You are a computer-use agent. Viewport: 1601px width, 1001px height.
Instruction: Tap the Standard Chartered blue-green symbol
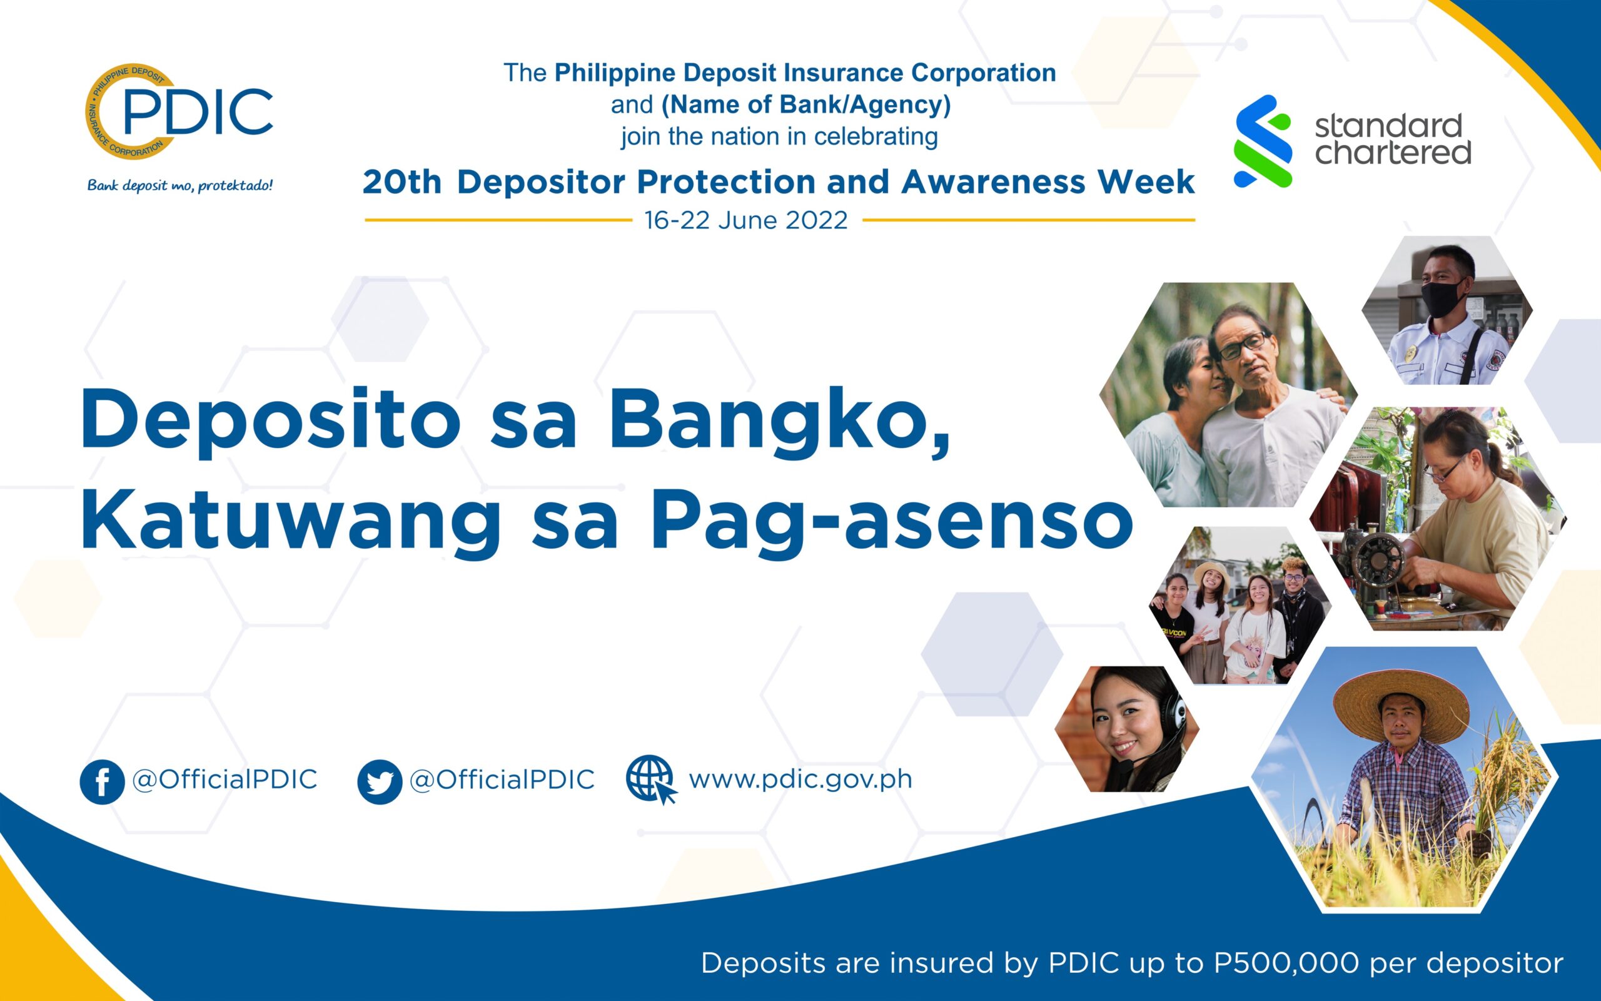click(x=1263, y=141)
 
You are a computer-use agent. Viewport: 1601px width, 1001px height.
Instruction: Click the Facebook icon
click(x=102, y=782)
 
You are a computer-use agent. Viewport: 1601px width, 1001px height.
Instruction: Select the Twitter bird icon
click(x=380, y=782)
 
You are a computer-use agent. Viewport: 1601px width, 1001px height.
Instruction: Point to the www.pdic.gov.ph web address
click(x=800, y=780)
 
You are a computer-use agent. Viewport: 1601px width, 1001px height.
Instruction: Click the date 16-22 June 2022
click(x=746, y=220)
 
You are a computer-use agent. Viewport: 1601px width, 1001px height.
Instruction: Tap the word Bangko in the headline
click(x=779, y=422)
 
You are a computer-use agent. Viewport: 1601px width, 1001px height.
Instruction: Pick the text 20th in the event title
click(x=402, y=182)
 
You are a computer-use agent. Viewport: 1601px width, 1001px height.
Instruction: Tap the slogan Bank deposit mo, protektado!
click(x=180, y=185)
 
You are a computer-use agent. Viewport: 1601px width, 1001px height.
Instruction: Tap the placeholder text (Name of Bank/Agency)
click(x=807, y=104)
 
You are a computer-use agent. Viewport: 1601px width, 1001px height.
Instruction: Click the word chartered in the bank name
click(x=1393, y=152)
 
